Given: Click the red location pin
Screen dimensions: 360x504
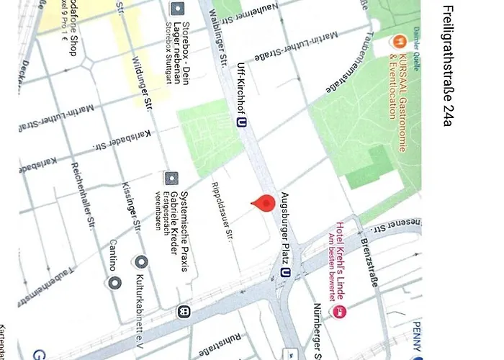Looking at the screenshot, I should (x=265, y=204).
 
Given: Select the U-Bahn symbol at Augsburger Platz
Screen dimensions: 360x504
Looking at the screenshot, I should (x=287, y=273).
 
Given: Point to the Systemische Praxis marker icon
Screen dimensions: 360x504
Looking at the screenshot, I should (x=171, y=178).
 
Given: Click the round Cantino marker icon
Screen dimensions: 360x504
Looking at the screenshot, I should (x=113, y=282).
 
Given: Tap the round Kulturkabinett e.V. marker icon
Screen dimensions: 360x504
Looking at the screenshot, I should (x=142, y=261).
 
